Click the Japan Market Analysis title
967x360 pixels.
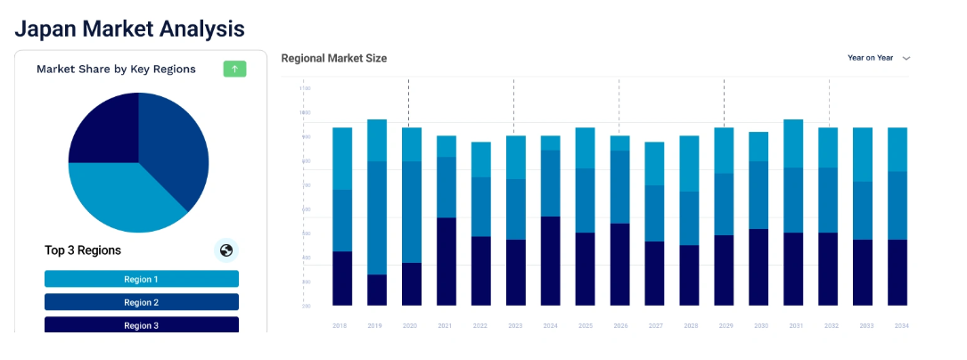(129, 29)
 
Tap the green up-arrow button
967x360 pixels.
(234, 69)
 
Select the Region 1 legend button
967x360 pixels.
(142, 279)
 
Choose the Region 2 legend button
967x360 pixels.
(142, 302)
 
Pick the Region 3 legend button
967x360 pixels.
(142, 324)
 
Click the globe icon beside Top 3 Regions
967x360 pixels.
(226, 250)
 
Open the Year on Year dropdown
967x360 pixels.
(879, 58)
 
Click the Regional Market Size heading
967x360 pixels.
(333, 58)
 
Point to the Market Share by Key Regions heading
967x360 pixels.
(116, 69)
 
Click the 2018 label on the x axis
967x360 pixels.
(340, 326)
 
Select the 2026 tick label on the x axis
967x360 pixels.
(619, 326)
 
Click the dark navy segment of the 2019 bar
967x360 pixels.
(377, 290)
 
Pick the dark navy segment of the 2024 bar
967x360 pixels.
(551, 261)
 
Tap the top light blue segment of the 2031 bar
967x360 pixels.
(793, 143)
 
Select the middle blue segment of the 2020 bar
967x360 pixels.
(411, 212)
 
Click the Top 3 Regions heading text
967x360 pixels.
(83, 250)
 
